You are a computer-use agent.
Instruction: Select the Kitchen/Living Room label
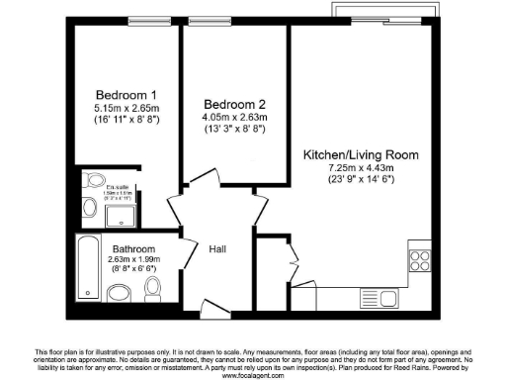click(x=360, y=155)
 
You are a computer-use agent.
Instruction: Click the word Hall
click(x=218, y=250)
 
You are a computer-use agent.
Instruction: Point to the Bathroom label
click(x=132, y=248)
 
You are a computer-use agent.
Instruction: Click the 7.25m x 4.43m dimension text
click(x=360, y=168)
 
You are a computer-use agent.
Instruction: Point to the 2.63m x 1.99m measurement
click(x=132, y=260)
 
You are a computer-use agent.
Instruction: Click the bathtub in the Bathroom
click(x=86, y=267)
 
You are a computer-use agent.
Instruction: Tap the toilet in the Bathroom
click(x=152, y=288)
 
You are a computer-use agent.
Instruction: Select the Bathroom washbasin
click(x=119, y=292)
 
